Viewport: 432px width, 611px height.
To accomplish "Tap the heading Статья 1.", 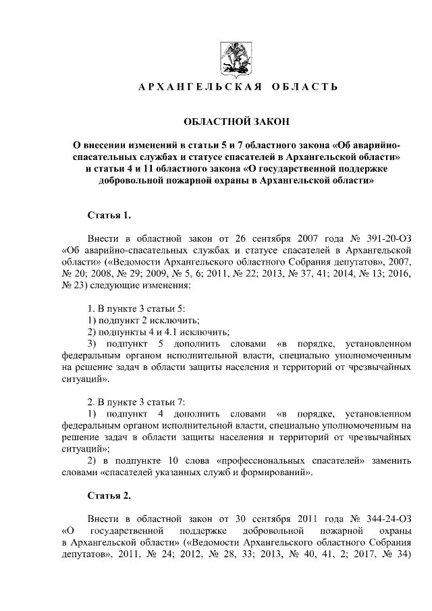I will [x=110, y=215].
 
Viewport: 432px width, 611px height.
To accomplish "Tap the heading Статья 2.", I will [x=110, y=495].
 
